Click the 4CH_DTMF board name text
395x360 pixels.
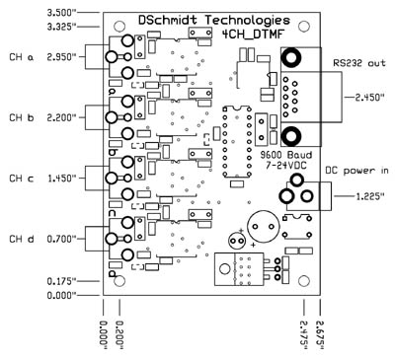(253, 34)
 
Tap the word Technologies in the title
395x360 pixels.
(248, 21)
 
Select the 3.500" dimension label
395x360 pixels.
(61, 13)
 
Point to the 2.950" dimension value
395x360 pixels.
(61, 57)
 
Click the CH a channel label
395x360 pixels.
(22, 57)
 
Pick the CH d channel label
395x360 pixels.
(22, 239)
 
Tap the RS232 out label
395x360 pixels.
(359, 62)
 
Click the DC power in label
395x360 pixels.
(356, 171)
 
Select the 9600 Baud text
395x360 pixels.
(285, 155)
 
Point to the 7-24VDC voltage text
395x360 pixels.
(285, 166)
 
